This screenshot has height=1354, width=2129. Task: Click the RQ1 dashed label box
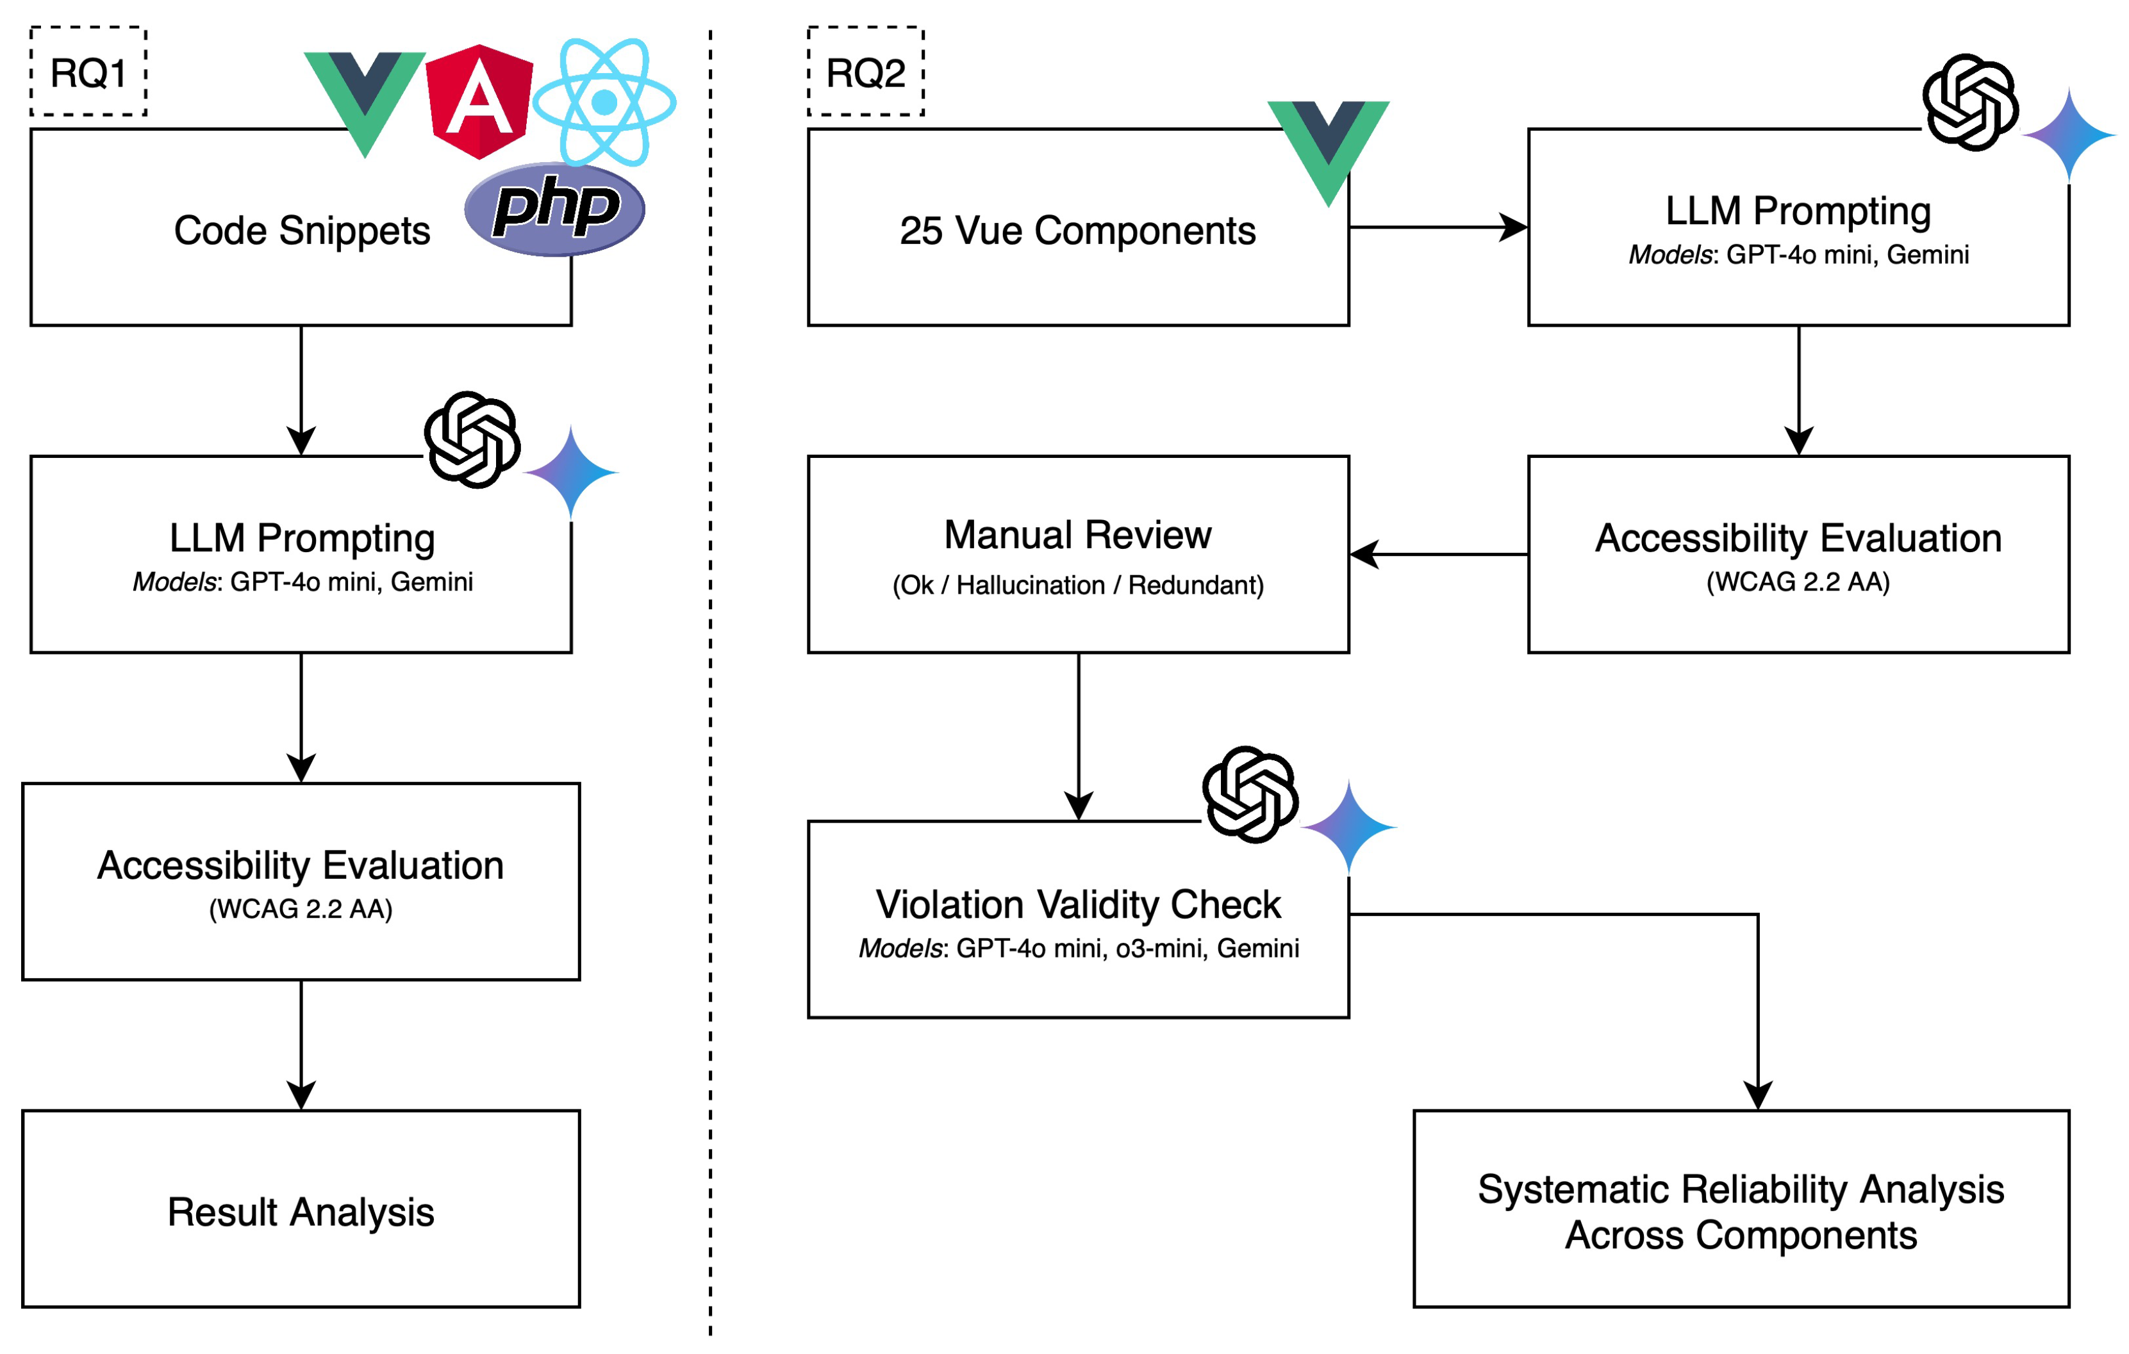88,72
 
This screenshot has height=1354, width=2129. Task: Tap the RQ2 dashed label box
866,72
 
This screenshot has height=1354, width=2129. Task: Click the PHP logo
554,209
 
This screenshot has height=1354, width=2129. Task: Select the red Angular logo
479,102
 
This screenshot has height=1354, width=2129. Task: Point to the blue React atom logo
605,102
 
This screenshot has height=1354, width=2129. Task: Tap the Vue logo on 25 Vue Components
1327,147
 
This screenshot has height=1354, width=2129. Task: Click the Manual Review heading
1078,535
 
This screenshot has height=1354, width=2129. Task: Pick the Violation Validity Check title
1078,904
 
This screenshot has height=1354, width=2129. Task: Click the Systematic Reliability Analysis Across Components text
1740,1211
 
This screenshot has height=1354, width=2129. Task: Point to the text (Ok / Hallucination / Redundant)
1078,585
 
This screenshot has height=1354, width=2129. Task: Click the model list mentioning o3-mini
1078,949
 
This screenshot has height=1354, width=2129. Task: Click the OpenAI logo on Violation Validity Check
1249,794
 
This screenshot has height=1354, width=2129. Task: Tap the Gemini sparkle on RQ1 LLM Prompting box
571,473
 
